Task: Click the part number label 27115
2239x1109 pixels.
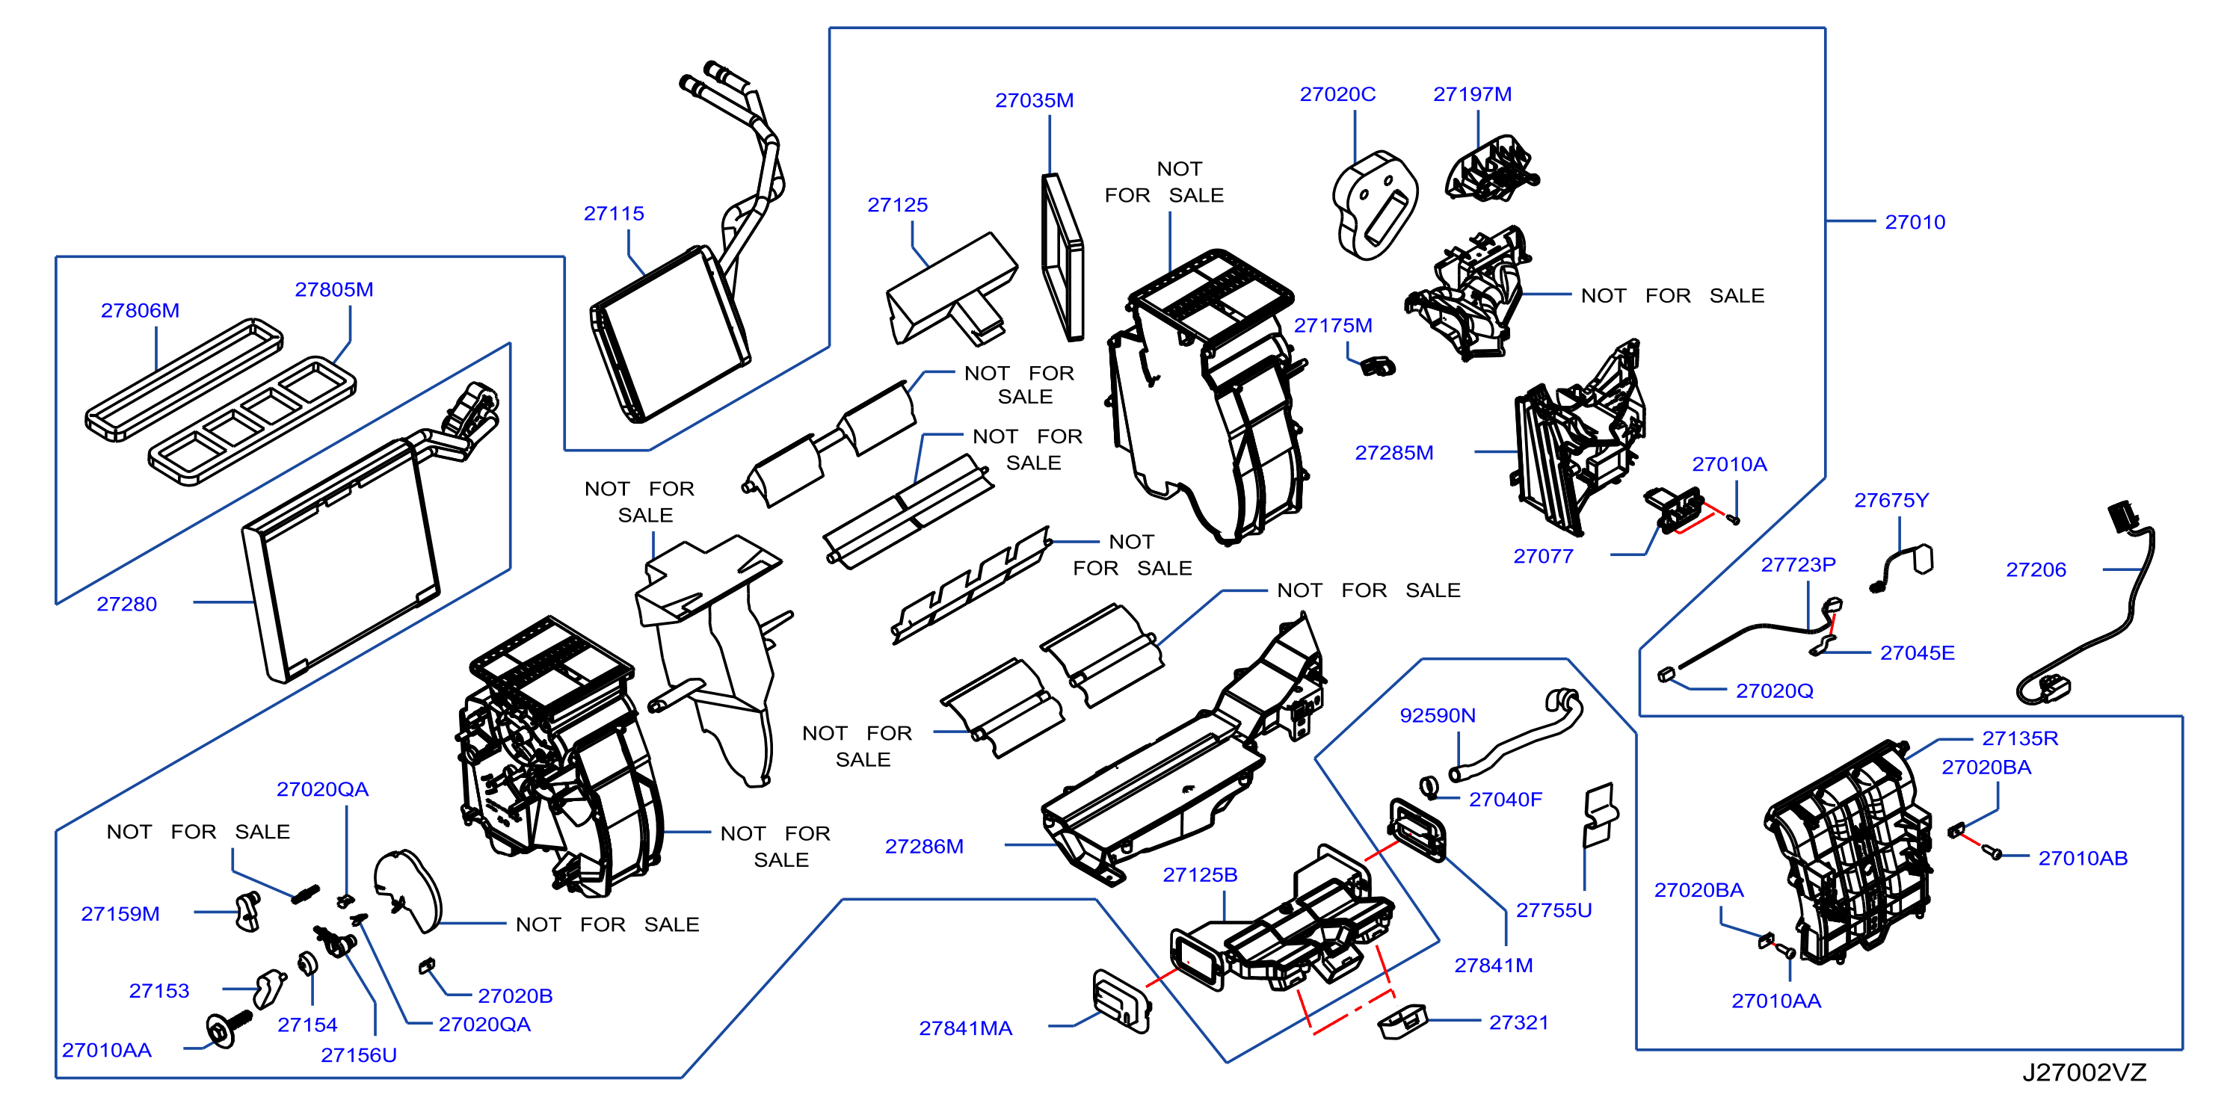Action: tap(614, 213)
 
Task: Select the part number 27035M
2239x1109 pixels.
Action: tap(1035, 100)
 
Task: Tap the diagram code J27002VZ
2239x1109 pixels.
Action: tap(2084, 1072)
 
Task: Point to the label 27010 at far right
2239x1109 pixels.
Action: tap(1915, 222)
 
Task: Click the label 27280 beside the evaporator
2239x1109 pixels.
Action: tap(127, 604)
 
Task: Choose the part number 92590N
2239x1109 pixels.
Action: tap(1438, 715)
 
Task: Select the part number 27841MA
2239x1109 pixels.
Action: tap(966, 1028)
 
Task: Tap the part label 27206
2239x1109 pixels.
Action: tap(2036, 569)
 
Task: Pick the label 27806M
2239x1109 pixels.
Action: tap(140, 310)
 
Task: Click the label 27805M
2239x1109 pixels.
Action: tap(333, 289)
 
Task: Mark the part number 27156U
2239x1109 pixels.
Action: tap(359, 1055)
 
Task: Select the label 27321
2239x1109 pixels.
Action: tap(1519, 1022)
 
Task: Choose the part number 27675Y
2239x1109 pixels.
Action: tap(1891, 500)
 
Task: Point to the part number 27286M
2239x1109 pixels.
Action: tap(924, 846)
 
